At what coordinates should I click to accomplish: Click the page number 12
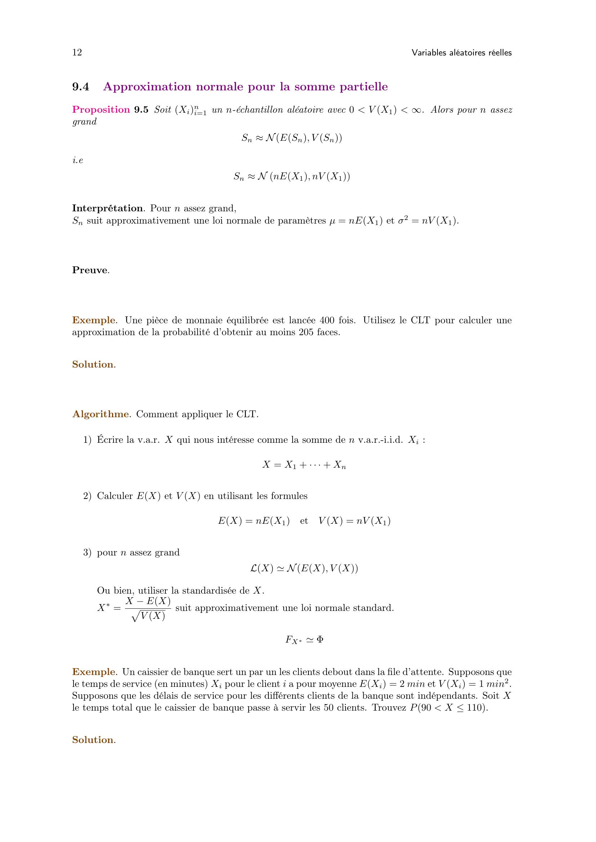[x=77, y=53]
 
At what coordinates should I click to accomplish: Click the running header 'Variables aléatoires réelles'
[x=461, y=53]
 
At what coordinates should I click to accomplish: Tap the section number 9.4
[x=81, y=87]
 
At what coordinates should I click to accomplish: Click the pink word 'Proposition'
[x=101, y=110]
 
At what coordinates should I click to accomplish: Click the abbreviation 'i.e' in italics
[x=78, y=161]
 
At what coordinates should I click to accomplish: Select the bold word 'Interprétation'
[x=107, y=208]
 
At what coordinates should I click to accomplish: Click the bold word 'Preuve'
[x=90, y=270]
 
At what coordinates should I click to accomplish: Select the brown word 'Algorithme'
[x=101, y=414]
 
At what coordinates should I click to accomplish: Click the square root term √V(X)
[x=148, y=616]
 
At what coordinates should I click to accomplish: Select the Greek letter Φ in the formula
[x=320, y=640]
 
